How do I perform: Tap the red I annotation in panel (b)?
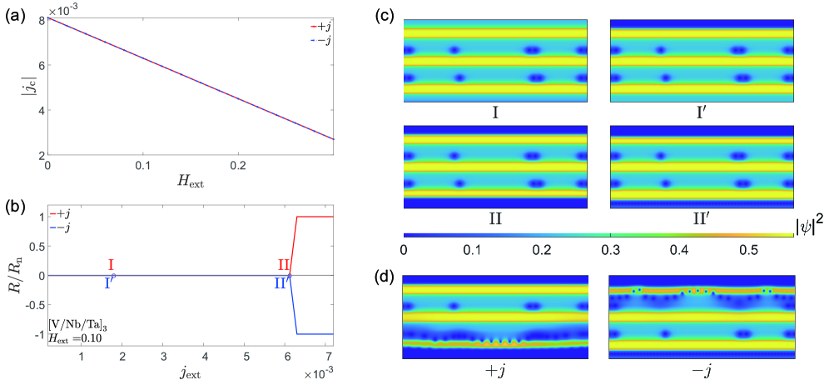tap(111, 265)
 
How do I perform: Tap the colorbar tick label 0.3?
tap(611, 249)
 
